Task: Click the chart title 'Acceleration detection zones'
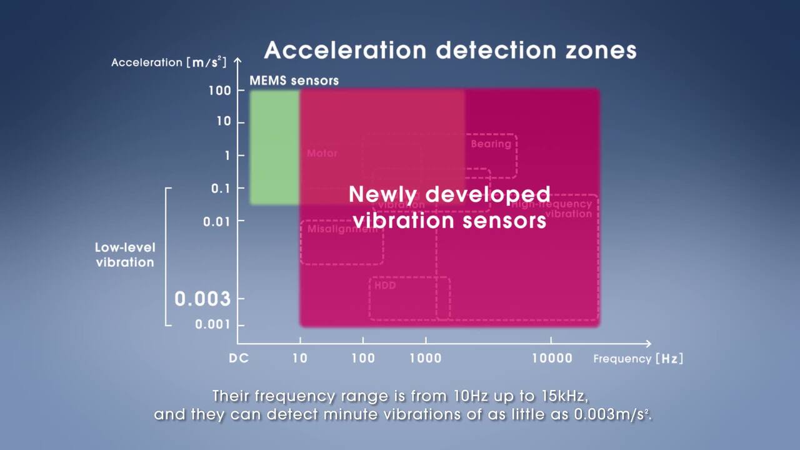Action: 450,50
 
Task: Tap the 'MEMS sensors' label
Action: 294,81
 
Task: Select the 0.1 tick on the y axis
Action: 219,188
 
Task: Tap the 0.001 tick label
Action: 212,324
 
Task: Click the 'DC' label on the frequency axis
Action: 239,358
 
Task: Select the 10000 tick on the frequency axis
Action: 552,358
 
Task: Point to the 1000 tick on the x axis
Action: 426,358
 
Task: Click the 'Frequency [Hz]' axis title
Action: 638,359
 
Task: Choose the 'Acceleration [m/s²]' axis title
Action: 168,62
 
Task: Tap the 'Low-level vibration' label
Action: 125,255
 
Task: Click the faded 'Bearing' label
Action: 491,144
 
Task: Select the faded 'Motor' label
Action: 322,153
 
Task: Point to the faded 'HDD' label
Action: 385,286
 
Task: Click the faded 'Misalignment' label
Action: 342,229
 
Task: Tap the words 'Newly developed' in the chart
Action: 449,194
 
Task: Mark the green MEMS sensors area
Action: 274,147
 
